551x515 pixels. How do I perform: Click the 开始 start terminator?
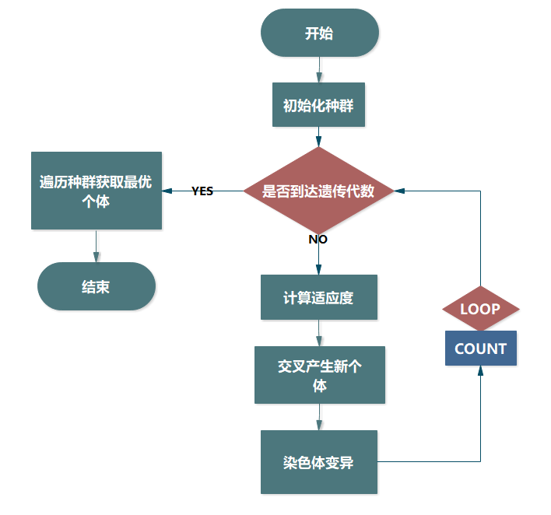pyautogui.click(x=319, y=33)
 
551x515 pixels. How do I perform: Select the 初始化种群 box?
pyautogui.click(x=318, y=105)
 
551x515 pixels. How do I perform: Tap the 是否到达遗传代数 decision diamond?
pyautogui.click(x=318, y=191)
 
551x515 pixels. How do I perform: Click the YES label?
pyautogui.click(x=202, y=191)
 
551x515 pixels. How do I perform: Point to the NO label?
pyautogui.click(x=318, y=239)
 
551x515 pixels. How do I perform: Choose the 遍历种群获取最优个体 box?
pyautogui.click(x=97, y=191)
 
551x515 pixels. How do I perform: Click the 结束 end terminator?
pyautogui.click(x=97, y=286)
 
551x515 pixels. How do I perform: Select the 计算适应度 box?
pyautogui.click(x=318, y=297)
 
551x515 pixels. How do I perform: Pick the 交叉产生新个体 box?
pyautogui.click(x=319, y=375)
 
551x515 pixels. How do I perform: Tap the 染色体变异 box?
pyautogui.click(x=318, y=462)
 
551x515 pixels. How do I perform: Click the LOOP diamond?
pyautogui.click(x=480, y=309)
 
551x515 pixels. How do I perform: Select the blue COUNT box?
pyautogui.click(x=480, y=349)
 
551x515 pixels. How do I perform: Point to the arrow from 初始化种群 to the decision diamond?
pyautogui.click(x=318, y=137)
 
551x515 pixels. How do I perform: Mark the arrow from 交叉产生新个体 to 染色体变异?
pyautogui.click(x=319, y=417)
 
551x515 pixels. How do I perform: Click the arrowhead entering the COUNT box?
pyautogui.click(x=480, y=371)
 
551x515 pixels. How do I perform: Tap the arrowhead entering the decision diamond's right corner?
pyautogui.click(x=399, y=191)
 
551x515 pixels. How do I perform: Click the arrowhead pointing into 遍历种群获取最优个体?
pyautogui.click(x=167, y=191)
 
